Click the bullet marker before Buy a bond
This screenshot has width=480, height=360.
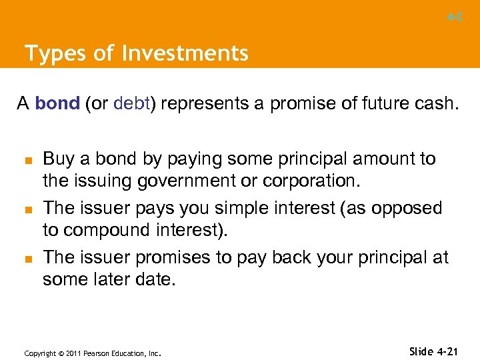[x=29, y=160]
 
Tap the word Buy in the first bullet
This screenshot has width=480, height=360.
[x=57, y=159]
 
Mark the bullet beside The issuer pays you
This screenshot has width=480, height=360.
[x=29, y=209]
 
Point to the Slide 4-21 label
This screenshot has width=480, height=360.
[x=434, y=351]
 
